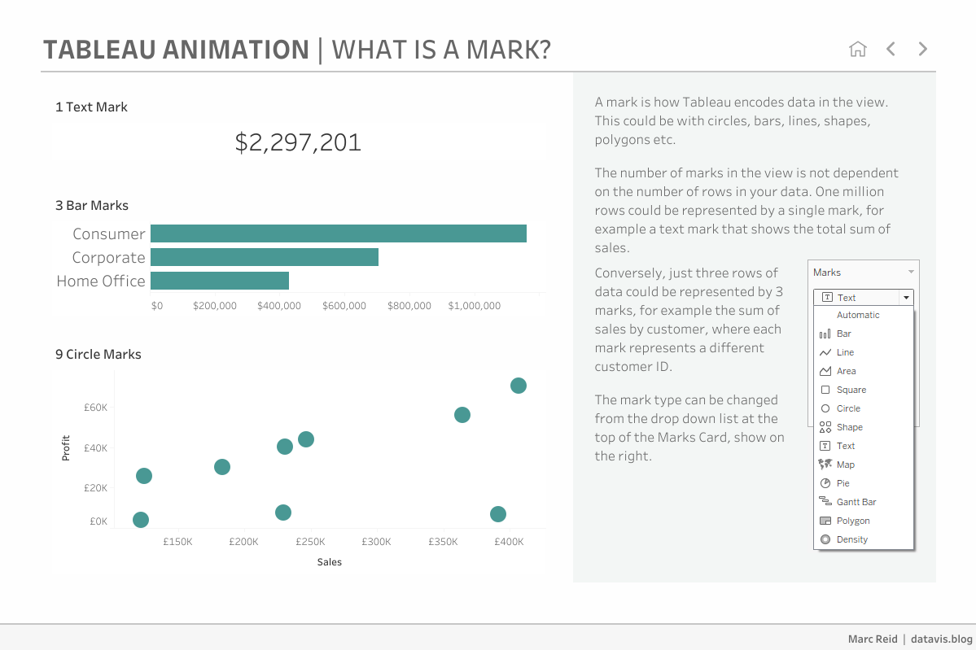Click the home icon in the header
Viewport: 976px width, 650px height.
pos(857,49)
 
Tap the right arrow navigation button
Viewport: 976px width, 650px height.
pos(922,49)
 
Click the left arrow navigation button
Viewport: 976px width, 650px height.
pos(891,49)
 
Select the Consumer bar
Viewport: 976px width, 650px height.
pos(338,233)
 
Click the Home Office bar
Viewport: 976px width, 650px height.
pos(220,281)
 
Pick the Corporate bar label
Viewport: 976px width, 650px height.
pos(108,257)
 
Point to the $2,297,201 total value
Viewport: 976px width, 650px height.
pos(298,142)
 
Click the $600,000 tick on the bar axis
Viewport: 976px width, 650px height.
pos(344,306)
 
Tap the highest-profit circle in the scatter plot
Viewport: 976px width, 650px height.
pos(519,386)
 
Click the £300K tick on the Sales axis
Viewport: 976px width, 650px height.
pos(376,542)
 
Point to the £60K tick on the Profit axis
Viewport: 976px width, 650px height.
pos(95,407)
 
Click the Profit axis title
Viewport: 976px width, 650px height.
pos(66,448)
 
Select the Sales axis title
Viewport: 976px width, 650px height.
pos(330,562)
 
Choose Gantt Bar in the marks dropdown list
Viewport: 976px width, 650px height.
pos(856,502)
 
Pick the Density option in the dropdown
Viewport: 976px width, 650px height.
pos(851,539)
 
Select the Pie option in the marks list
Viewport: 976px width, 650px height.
pos(843,483)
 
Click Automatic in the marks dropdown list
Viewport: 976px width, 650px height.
pos(858,315)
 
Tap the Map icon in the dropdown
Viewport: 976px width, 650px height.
pos(825,465)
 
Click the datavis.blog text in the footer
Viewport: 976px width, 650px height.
pos(941,639)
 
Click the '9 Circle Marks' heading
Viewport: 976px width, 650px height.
pos(98,355)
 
